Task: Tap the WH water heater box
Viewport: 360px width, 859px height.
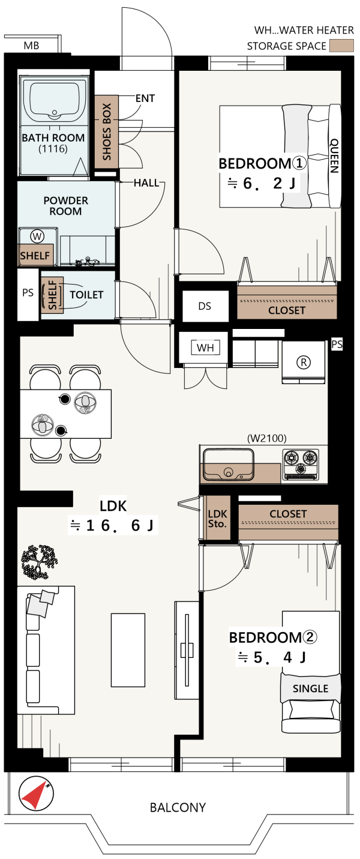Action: (x=206, y=347)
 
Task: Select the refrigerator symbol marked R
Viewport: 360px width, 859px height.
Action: (x=304, y=362)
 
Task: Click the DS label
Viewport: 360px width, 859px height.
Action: (x=205, y=306)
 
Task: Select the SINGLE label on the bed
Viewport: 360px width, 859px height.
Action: (x=310, y=688)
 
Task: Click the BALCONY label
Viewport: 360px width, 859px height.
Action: (x=178, y=807)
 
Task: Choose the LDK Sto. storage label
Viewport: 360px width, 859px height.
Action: (x=217, y=519)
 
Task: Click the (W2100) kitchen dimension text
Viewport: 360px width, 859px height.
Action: (x=266, y=438)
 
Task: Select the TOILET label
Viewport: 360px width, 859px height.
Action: (x=86, y=295)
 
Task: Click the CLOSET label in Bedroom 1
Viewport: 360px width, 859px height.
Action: (x=287, y=310)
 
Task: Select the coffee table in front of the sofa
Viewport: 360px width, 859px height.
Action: (x=128, y=650)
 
